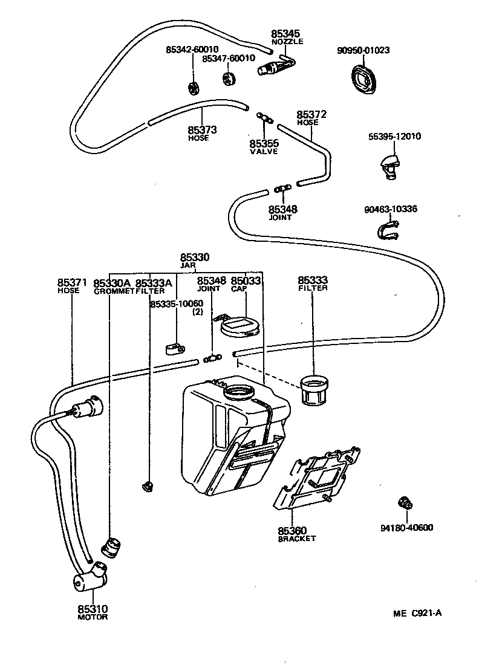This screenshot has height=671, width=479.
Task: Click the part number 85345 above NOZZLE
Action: (285, 34)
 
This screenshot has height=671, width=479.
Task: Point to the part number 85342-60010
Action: (192, 50)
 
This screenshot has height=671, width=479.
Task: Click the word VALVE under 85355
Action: (264, 152)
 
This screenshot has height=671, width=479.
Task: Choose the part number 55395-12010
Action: (394, 137)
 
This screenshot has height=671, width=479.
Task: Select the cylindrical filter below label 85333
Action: (314, 389)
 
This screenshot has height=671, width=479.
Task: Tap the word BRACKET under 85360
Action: (296, 539)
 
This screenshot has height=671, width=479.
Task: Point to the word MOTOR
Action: (93, 617)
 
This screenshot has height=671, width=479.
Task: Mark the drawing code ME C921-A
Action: (417, 613)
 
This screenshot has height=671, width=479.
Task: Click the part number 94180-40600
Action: (406, 528)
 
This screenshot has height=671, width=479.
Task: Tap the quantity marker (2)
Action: (197, 312)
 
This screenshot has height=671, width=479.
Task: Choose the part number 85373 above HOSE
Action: (202, 129)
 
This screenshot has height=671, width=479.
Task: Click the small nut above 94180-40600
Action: (405, 503)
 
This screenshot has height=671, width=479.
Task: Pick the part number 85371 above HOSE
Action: (72, 282)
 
